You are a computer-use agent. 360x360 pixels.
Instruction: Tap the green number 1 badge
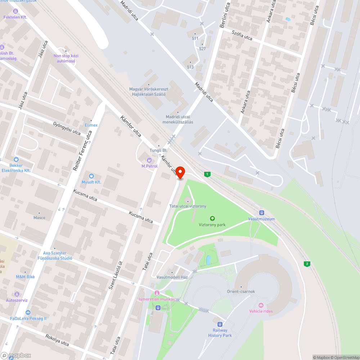click(x=207, y=174)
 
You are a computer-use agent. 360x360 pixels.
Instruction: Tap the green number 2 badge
click(x=307, y=264)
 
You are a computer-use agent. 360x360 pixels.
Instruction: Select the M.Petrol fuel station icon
click(x=149, y=160)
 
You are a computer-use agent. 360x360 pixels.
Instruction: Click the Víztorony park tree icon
click(x=212, y=218)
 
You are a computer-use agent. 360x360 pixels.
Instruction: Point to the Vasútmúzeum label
click(x=261, y=219)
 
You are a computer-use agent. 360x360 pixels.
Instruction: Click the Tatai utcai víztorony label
click(x=188, y=206)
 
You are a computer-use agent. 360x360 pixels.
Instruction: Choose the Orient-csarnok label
click(x=241, y=292)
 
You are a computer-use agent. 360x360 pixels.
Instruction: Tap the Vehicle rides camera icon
click(x=261, y=305)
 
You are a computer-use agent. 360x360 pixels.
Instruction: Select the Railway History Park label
click(x=220, y=333)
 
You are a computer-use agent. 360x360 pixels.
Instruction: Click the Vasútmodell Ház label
click(x=172, y=277)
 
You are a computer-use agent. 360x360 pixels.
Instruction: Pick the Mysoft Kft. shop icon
click(x=91, y=176)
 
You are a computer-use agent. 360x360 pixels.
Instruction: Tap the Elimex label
click(x=91, y=125)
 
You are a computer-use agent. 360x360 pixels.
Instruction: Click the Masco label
click(x=39, y=217)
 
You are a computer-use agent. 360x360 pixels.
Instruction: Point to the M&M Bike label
click(x=25, y=276)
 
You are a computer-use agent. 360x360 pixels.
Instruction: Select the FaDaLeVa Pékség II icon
click(x=28, y=312)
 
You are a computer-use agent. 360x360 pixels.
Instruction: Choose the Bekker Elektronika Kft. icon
click(x=16, y=159)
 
